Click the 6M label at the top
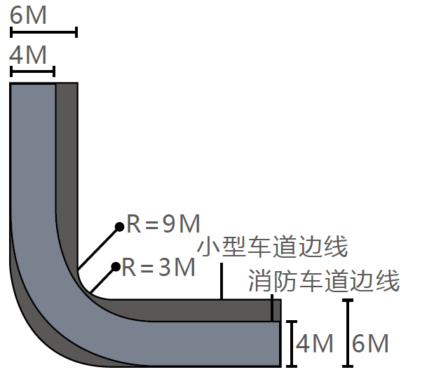[x=29, y=15]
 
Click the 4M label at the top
[x=29, y=54]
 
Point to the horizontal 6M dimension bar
[x=43, y=32]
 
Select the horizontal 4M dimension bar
[x=32, y=71]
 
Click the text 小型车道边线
[x=273, y=247]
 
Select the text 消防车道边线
[x=324, y=282]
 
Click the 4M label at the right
[x=314, y=344]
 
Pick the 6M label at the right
[x=370, y=344]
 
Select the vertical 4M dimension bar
[x=292, y=343]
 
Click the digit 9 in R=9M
[x=168, y=224]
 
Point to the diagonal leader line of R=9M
[x=99, y=247]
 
